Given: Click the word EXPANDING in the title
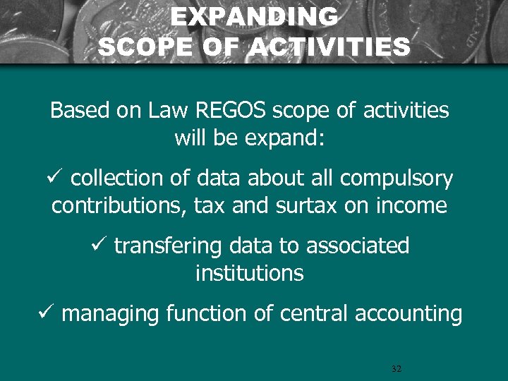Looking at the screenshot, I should click(x=254, y=17).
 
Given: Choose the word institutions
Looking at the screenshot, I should click(x=249, y=272).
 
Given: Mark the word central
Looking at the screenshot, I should click(x=314, y=313).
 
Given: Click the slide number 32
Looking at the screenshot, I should click(x=396, y=369).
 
